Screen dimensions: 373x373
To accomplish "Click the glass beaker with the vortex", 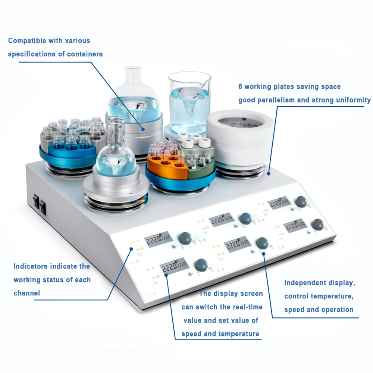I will [189, 101].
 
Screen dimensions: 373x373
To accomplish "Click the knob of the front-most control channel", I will [201, 264].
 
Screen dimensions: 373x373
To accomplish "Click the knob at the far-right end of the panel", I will [317, 225].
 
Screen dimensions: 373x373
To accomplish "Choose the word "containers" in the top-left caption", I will [85, 54].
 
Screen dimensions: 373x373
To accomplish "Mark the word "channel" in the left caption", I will [26, 293].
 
